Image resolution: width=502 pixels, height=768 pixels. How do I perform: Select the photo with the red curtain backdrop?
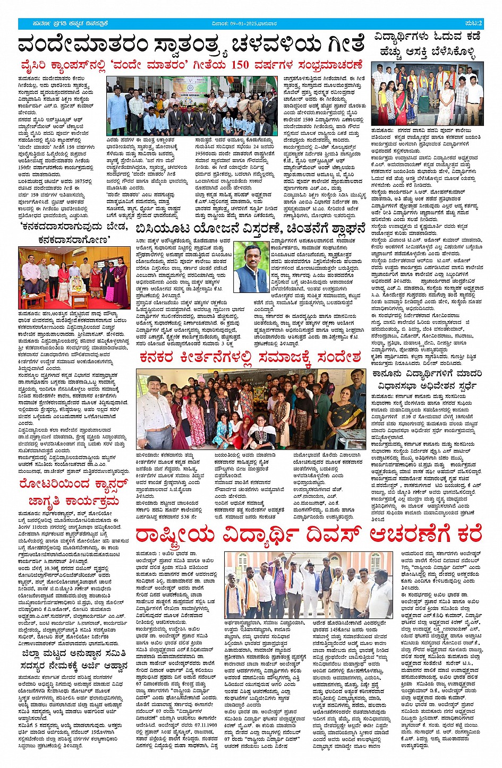(x=74, y=278)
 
